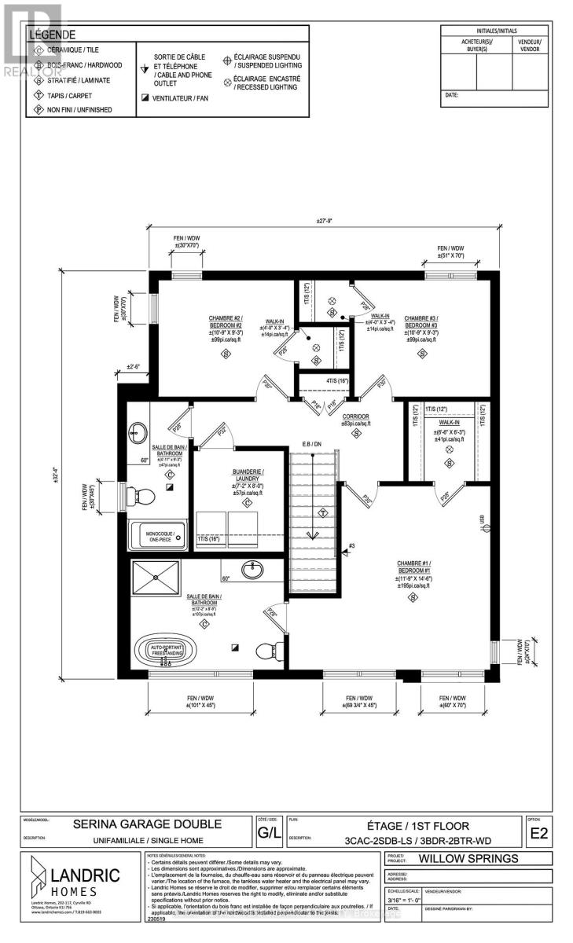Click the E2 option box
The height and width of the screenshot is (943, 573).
[x=538, y=832]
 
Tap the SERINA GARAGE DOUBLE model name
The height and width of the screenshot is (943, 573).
[x=147, y=824]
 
